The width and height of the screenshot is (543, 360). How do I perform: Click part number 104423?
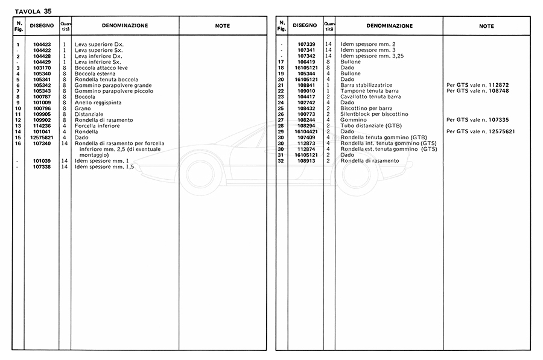42,45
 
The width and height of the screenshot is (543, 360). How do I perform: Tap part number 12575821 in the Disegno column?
42,137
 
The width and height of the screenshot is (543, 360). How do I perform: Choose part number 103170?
42,68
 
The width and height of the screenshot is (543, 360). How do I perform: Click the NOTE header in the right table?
486,26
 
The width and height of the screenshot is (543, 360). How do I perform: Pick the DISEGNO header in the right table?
305,26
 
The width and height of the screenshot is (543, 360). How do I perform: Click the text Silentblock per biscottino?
375,114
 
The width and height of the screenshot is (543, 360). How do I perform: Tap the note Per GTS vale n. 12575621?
481,131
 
